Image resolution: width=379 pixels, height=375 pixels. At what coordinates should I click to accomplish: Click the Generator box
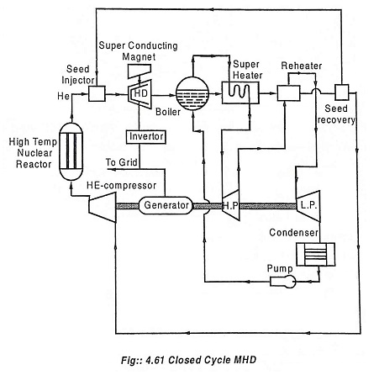click(166, 205)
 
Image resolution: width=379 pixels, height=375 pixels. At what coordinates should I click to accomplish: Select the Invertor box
click(146, 137)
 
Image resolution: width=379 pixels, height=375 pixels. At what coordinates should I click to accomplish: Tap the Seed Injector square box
click(97, 93)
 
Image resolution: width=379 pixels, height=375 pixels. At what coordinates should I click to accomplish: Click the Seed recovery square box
click(342, 92)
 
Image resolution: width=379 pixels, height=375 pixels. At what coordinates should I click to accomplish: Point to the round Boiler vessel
click(192, 93)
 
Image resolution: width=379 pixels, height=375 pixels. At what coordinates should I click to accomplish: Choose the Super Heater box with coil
click(240, 92)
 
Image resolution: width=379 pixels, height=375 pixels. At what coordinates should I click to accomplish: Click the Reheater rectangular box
click(288, 93)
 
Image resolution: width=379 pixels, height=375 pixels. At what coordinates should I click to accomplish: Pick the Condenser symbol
click(316, 255)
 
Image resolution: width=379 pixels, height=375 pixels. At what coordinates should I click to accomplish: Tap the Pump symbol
click(283, 282)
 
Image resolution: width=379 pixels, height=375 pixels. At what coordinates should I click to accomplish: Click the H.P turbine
click(230, 205)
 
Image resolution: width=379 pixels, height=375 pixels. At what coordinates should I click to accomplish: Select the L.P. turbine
click(308, 206)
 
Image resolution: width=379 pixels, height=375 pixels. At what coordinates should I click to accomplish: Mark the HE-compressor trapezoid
click(103, 208)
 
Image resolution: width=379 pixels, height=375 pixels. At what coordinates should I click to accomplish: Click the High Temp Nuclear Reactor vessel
click(71, 151)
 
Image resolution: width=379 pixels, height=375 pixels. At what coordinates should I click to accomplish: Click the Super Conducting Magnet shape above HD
click(139, 71)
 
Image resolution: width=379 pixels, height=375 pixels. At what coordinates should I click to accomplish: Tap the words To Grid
click(121, 162)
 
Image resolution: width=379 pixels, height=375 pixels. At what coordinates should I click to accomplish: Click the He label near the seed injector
click(63, 96)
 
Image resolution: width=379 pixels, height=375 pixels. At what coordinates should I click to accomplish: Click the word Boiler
click(168, 112)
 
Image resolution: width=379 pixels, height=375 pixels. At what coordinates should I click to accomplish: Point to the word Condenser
click(293, 232)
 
